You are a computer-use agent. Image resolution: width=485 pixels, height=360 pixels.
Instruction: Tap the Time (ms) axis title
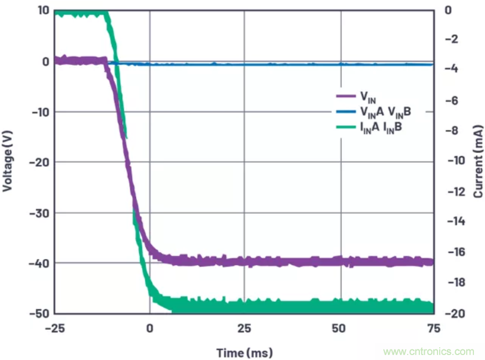click(x=244, y=352)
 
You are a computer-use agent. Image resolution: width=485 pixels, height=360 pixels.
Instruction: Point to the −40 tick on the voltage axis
click(x=39, y=263)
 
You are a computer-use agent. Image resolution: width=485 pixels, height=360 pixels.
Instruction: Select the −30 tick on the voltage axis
click(x=39, y=213)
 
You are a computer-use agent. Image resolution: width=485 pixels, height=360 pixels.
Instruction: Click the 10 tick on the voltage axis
click(x=43, y=10)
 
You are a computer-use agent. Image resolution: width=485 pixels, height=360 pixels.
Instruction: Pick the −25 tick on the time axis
click(x=55, y=328)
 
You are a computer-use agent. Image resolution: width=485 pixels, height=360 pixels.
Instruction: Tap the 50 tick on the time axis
click(x=339, y=328)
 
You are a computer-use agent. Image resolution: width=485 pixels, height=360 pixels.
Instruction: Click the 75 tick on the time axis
click(x=434, y=328)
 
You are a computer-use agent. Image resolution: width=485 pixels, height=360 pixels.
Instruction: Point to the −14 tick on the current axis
click(x=457, y=221)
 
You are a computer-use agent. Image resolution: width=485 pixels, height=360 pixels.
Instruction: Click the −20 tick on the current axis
click(x=457, y=313)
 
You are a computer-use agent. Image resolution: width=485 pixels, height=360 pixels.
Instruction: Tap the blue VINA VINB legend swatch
click(x=345, y=113)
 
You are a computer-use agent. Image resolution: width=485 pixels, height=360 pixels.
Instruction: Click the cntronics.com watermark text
click(x=429, y=351)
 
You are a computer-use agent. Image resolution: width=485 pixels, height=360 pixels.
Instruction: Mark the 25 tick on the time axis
click(x=244, y=328)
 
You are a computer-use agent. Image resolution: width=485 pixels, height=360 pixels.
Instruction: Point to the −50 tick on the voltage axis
click(x=39, y=313)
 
